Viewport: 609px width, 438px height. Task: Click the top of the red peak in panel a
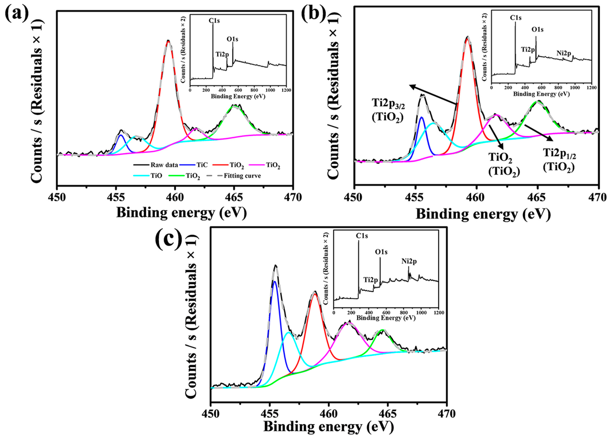point(168,41)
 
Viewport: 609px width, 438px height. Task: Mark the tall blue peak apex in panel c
point(274,281)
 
